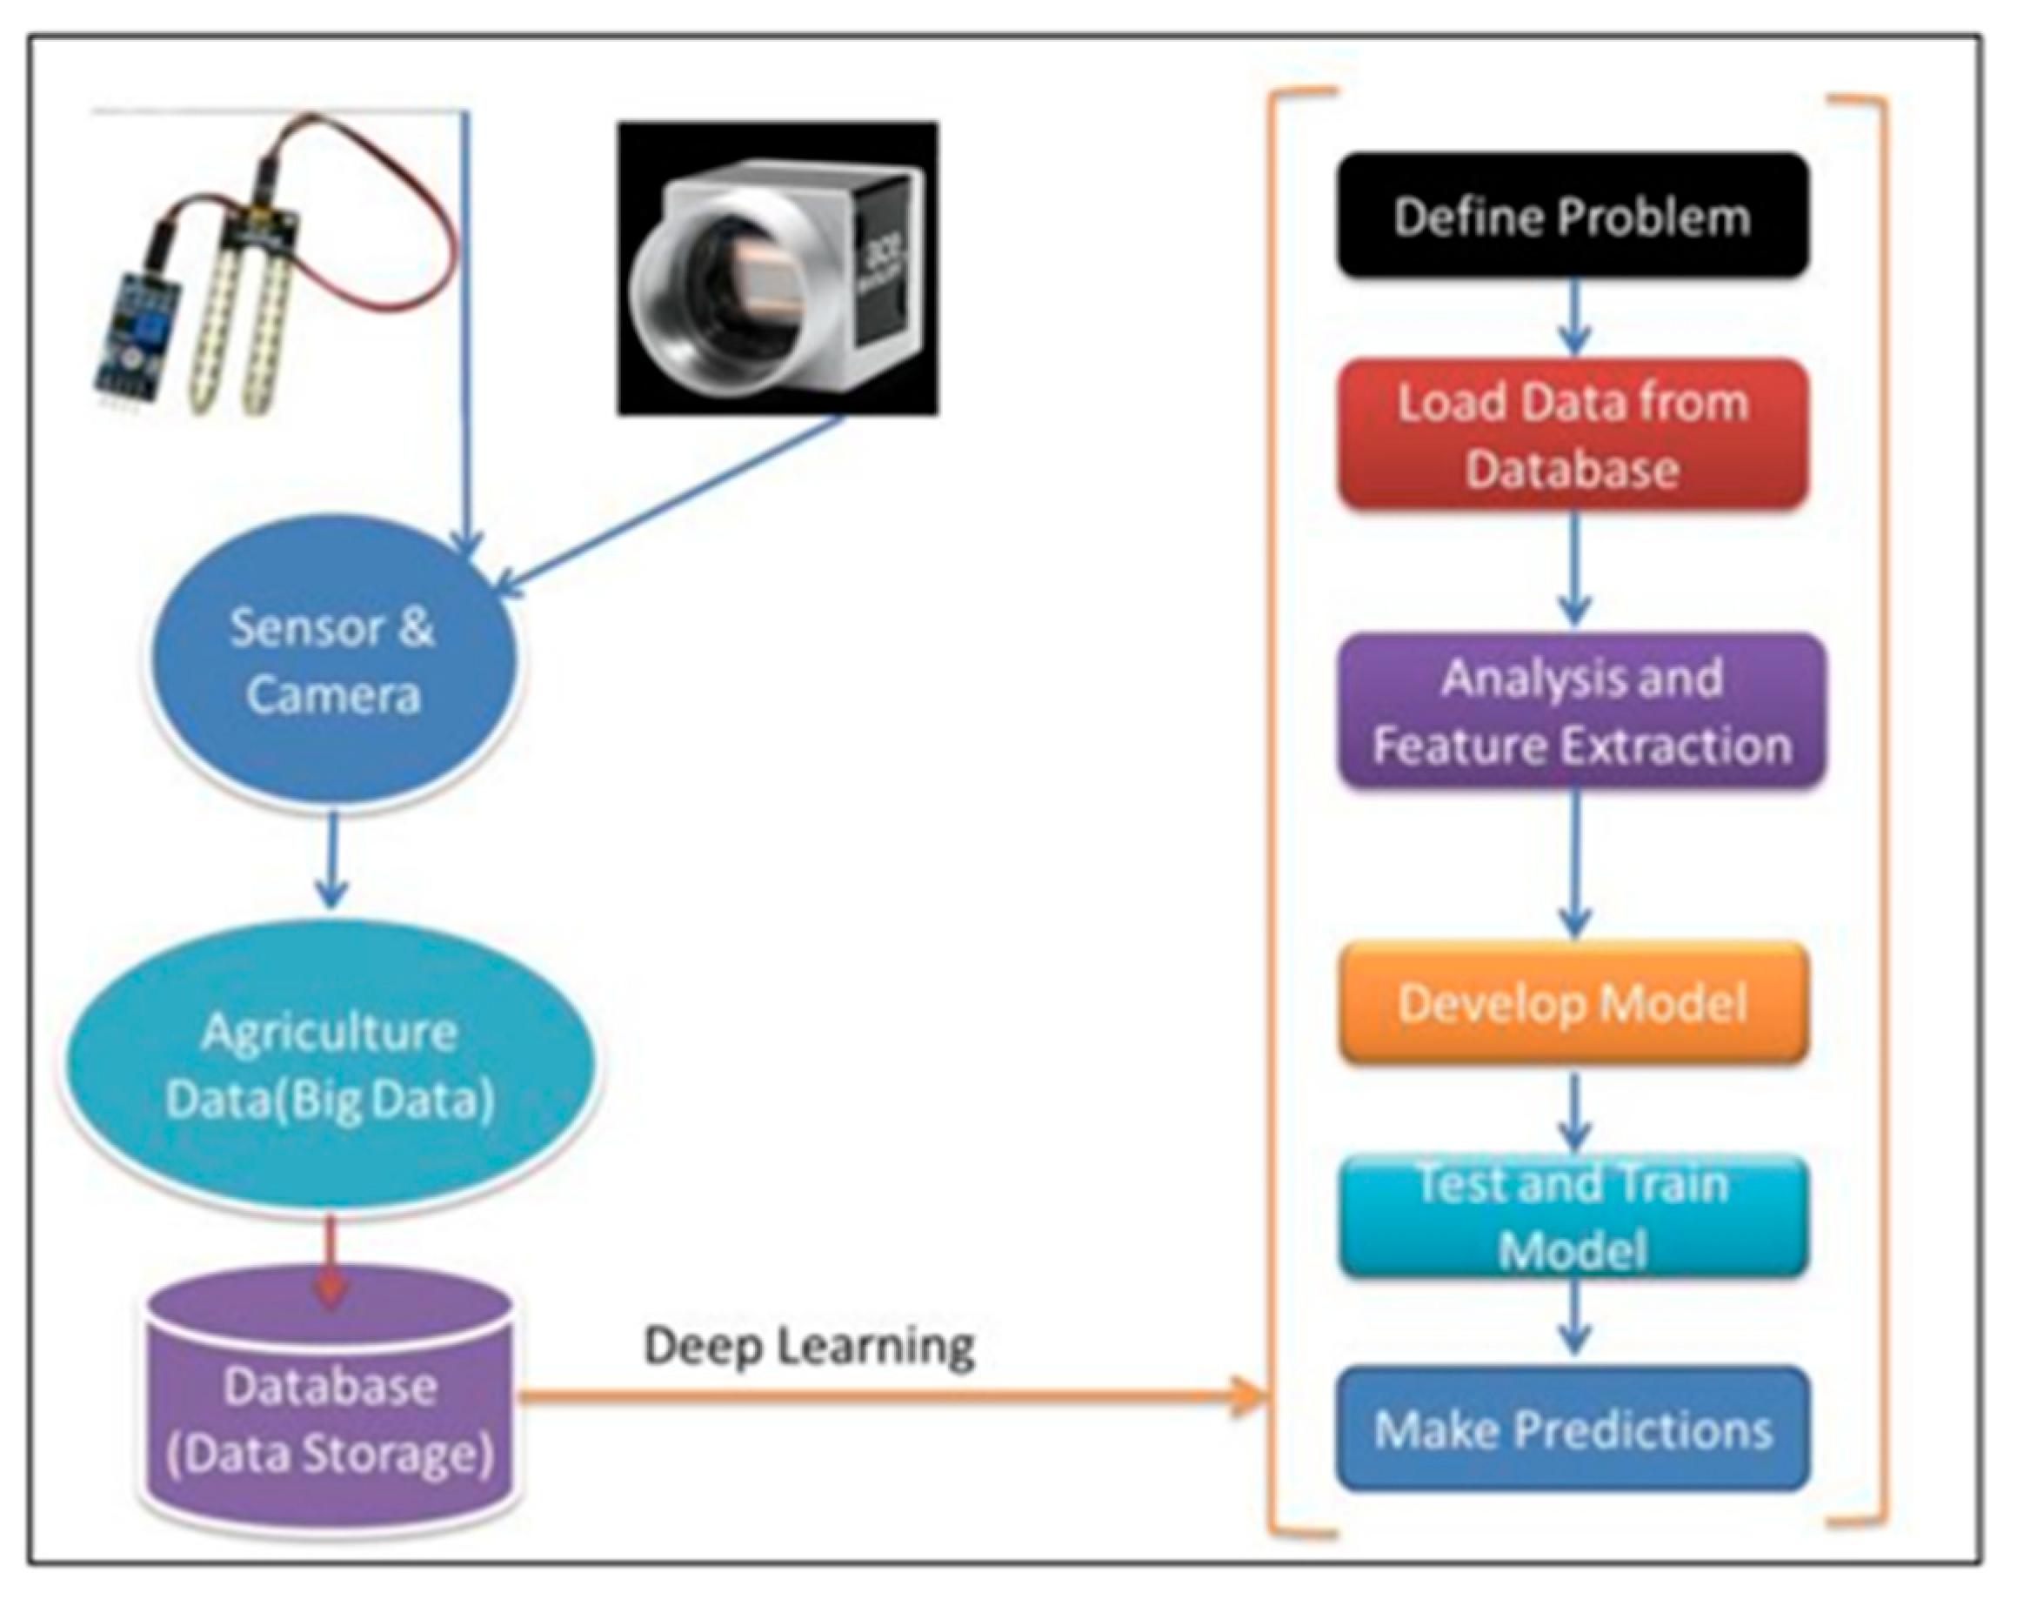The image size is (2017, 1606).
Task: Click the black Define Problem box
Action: pyautogui.click(x=1573, y=215)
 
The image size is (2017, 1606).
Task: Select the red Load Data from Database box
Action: pyautogui.click(x=1573, y=434)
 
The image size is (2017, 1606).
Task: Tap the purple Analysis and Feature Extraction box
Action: pyautogui.click(x=1581, y=712)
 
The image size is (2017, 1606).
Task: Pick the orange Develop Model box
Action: pyautogui.click(x=1573, y=1003)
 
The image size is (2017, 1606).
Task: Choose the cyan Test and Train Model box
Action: pyautogui.click(x=1573, y=1216)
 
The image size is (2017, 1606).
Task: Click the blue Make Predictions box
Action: pyautogui.click(x=1573, y=1429)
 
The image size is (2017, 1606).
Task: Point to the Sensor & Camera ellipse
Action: pyautogui.click(x=331, y=663)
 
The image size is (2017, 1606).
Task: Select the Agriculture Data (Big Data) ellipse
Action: pyautogui.click(x=331, y=1067)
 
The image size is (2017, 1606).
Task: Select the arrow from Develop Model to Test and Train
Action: pyautogui.click(x=1574, y=1112)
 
